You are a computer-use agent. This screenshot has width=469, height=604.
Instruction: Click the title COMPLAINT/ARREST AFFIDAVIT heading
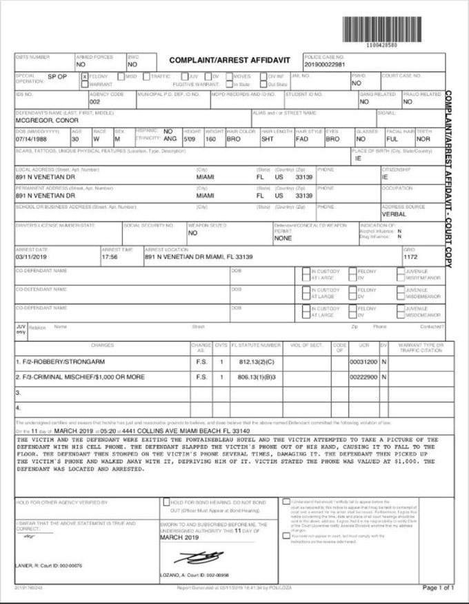click(x=230, y=61)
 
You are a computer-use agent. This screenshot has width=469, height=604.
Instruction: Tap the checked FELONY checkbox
click(x=85, y=76)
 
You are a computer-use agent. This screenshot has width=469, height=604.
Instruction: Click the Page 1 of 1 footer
click(x=437, y=587)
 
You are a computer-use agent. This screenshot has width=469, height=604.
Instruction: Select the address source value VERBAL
click(x=395, y=214)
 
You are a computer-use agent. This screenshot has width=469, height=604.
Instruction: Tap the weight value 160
click(x=212, y=139)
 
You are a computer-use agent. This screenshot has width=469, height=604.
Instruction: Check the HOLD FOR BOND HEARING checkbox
click(x=166, y=502)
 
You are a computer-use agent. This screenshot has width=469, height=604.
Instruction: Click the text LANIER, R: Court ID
click(x=48, y=565)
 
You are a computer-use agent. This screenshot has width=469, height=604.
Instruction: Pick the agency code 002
click(x=95, y=101)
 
